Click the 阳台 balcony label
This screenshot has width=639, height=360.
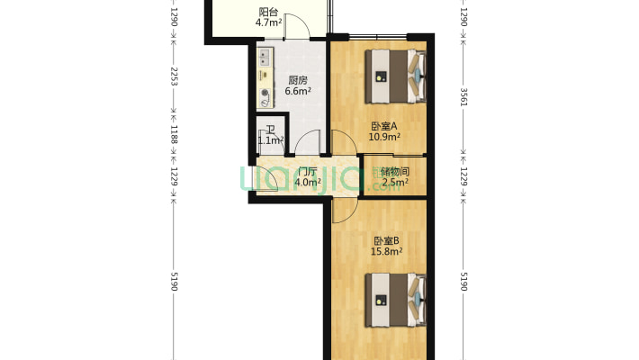(x=267, y=12)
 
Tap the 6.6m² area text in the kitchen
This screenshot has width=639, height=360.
(x=298, y=91)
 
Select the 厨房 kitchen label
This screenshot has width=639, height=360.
(x=298, y=79)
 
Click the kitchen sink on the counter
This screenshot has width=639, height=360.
(x=265, y=61)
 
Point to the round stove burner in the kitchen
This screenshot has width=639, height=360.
(x=265, y=93)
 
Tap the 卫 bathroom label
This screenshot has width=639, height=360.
(x=269, y=130)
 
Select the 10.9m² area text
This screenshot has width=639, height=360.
(x=384, y=137)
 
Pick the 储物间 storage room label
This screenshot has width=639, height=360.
(x=395, y=171)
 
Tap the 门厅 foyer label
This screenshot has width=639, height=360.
(x=308, y=171)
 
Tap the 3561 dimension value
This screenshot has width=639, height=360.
(x=463, y=97)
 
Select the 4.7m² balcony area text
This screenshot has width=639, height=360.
(x=267, y=23)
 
